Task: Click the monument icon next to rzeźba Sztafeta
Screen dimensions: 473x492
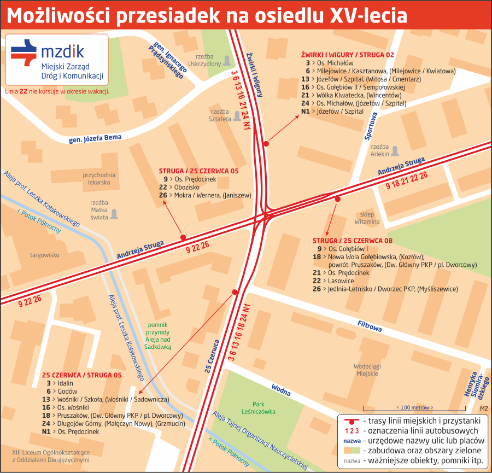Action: [237, 115]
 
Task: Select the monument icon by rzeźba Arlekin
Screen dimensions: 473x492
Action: [395, 150]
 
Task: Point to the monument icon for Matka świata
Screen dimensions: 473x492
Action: [114, 214]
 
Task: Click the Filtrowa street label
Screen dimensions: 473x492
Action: [370, 326]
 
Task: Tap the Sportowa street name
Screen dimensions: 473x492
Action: [372, 126]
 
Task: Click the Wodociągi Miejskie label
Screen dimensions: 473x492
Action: [366, 370]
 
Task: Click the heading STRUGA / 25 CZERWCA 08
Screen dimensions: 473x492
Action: [353, 240]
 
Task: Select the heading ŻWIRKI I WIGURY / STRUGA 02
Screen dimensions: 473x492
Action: [347, 55]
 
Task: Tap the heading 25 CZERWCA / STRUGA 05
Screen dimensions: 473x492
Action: [81, 375]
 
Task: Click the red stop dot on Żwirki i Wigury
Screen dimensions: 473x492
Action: [266, 144]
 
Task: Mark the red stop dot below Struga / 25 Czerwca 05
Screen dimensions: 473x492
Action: [183, 237]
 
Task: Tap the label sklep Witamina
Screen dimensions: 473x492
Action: [367, 218]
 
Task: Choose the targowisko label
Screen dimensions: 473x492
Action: [45, 254]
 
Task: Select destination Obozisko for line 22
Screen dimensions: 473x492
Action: [187, 187]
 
